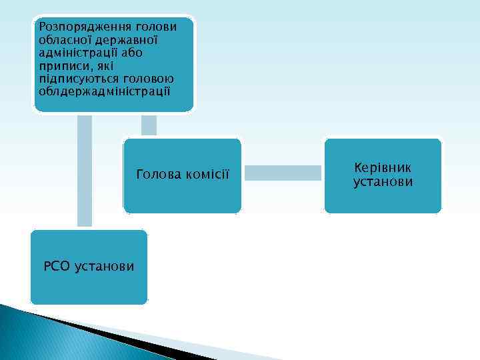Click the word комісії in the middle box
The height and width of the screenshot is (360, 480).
[206, 175]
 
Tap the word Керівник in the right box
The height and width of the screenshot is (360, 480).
[383, 169]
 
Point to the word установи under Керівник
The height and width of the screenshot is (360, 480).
[383, 182]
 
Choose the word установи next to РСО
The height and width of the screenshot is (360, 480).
[105, 267]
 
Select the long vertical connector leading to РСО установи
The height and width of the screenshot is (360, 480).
[85, 170]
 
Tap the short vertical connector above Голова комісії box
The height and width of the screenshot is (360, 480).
[149, 125]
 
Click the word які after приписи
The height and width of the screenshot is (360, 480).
[103, 65]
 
